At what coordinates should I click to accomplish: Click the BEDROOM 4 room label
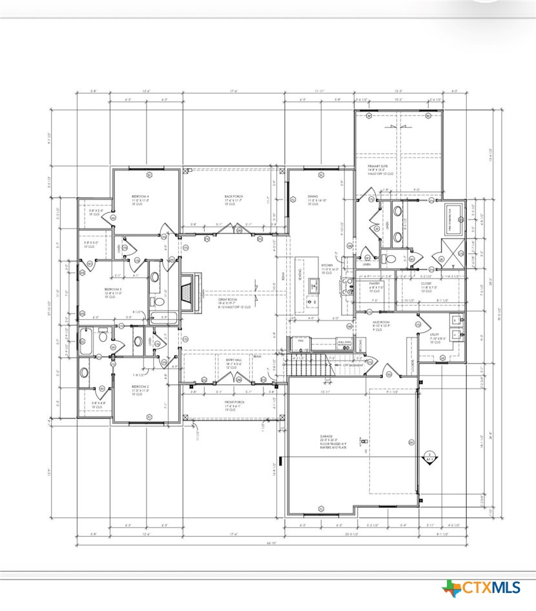[140, 196]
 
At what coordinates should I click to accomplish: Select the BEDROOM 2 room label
[140, 386]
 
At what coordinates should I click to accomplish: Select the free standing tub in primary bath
[456, 218]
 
